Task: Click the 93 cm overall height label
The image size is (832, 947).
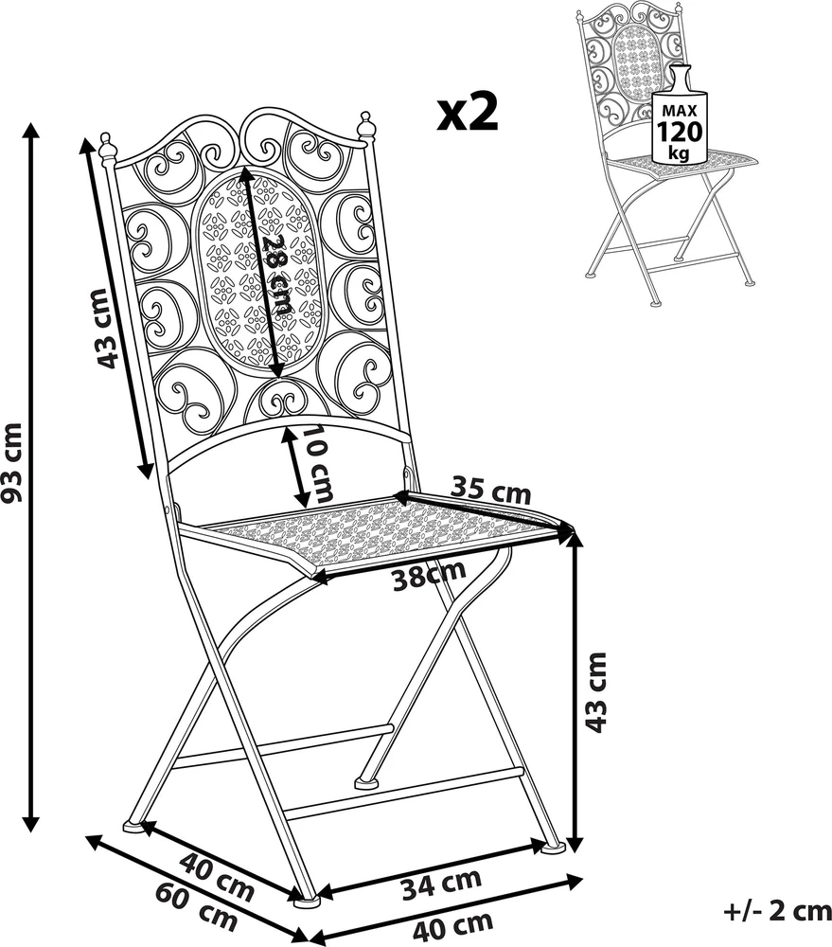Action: click(12, 463)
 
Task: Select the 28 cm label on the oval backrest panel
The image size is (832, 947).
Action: click(276, 273)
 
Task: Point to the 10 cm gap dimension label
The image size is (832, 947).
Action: click(318, 464)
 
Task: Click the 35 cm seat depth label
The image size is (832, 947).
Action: click(491, 491)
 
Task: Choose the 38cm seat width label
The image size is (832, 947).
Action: click(429, 575)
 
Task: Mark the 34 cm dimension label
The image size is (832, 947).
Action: click(441, 883)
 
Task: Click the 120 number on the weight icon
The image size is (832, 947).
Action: click(680, 131)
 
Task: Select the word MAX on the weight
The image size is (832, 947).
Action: click(680, 111)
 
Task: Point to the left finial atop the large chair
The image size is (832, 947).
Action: click(107, 148)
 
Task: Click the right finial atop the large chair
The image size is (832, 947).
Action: click(366, 125)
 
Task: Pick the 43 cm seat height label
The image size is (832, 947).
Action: click(595, 692)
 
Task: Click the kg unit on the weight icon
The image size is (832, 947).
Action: click(679, 154)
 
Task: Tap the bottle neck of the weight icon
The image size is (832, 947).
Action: click(680, 78)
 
